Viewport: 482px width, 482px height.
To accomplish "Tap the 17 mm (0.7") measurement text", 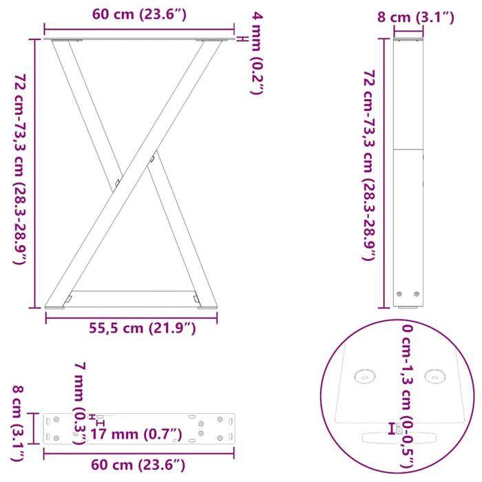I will (136, 434).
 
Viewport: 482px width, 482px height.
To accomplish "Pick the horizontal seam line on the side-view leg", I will (408, 149).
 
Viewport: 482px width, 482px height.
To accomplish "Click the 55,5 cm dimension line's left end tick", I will (46, 317).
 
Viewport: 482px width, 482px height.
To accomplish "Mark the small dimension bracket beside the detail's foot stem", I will (392, 428).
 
